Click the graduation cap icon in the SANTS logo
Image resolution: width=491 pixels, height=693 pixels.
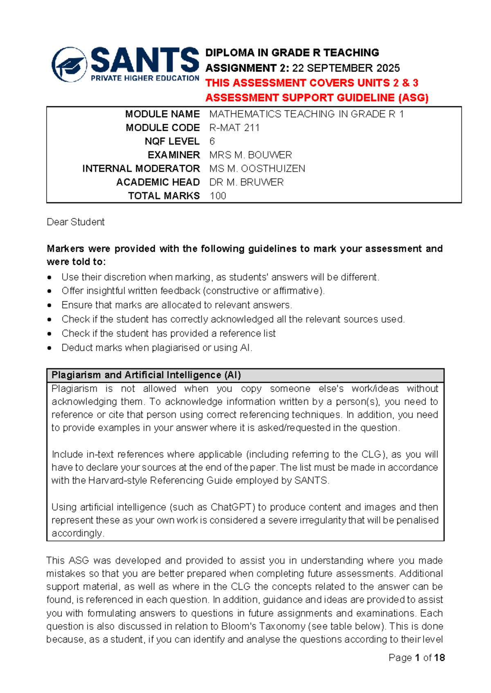coord(70,65)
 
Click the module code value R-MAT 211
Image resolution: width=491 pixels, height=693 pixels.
coord(234,128)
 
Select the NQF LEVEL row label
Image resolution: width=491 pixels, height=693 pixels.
coord(172,141)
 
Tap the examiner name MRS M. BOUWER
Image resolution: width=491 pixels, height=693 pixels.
coord(250,155)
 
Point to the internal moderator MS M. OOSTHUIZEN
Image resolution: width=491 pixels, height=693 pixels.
coord(257,169)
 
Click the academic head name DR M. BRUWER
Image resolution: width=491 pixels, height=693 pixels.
coord(246,182)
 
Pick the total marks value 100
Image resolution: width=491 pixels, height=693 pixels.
coord(218,196)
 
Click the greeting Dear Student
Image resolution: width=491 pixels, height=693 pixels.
coord(76,222)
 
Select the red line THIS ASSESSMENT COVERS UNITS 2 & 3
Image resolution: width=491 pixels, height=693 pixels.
coord(311,83)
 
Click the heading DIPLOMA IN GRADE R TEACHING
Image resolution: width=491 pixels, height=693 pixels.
coord(292,53)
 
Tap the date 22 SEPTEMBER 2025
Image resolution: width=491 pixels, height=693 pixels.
coord(346,68)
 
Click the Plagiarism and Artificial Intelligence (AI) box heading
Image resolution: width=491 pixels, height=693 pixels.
coord(146,375)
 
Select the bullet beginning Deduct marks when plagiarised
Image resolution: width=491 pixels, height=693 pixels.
coord(157,348)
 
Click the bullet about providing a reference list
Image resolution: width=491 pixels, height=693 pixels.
coord(168,333)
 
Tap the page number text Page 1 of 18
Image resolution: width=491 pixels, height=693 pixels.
coord(416,657)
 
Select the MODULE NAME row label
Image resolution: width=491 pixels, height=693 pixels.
coord(162,114)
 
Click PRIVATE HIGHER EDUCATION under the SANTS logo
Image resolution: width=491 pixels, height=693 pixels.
coord(145,78)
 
